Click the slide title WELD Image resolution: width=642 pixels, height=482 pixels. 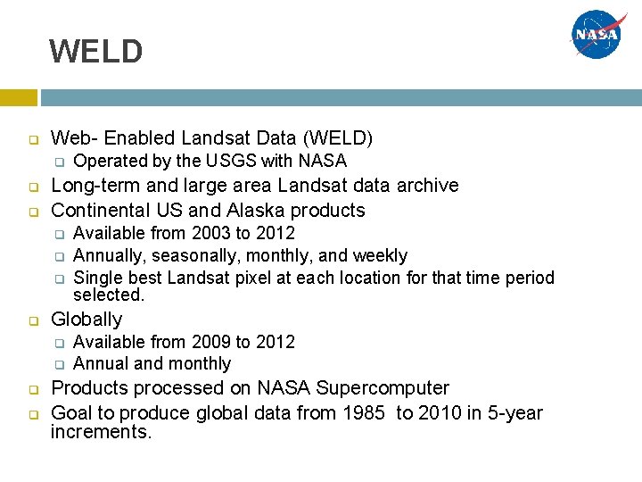[95, 52]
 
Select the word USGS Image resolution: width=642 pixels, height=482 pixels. [232, 161]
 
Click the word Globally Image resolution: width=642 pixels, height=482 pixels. [86, 319]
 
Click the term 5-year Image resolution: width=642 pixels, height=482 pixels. [511, 412]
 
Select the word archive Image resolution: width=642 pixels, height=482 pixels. [427, 186]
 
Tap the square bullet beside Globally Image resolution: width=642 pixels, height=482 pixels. [31, 320]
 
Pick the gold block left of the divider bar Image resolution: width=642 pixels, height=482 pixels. [18, 97]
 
